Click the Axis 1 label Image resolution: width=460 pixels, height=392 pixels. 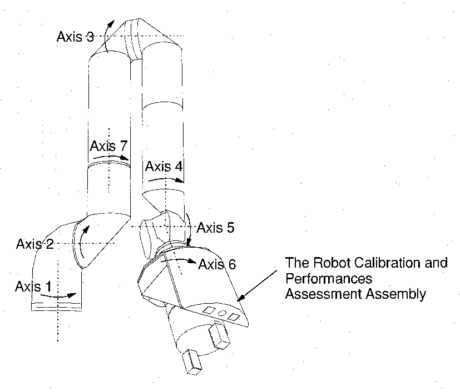35,287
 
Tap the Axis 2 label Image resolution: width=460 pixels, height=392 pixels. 35,244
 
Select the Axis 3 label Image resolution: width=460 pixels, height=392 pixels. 75,37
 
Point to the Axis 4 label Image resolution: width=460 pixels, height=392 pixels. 163,166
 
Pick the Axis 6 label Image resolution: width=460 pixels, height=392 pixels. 217,264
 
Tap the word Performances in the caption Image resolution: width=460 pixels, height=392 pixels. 328,278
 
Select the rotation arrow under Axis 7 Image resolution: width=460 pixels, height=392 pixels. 108,158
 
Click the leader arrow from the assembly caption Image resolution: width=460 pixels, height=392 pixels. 259,284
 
